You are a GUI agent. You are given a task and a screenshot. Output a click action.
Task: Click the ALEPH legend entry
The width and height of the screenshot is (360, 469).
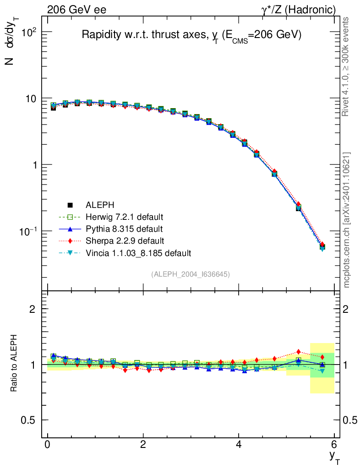click(97, 205)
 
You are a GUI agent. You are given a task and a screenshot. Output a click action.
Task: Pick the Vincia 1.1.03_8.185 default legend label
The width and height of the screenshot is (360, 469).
click(138, 253)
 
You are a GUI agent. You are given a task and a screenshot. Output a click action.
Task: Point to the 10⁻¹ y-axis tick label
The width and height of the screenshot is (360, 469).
click(27, 231)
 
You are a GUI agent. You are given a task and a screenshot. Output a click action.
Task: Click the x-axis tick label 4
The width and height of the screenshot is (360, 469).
click(239, 444)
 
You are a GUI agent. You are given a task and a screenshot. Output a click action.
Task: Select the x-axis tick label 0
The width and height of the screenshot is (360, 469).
click(48, 444)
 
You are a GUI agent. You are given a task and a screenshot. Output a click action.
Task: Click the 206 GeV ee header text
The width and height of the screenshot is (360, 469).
click(76, 9)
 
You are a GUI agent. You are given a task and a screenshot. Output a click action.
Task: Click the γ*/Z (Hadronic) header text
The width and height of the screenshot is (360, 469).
click(298, 9)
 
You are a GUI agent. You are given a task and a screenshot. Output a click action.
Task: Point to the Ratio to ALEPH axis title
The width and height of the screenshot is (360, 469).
click(14, 365)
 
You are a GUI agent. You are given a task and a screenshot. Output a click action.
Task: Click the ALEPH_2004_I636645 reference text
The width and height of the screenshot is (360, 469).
click(191, 274)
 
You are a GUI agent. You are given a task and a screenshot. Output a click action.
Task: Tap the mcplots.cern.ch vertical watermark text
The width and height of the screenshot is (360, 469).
click(347, 220)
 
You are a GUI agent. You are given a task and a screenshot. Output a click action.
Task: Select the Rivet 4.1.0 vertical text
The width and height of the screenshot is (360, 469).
click(347, 66)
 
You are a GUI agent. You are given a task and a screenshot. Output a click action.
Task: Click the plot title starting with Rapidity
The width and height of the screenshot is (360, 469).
click(191, 36)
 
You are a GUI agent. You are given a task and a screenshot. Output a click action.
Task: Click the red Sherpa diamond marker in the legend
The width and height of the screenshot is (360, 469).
click(70, 240)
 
